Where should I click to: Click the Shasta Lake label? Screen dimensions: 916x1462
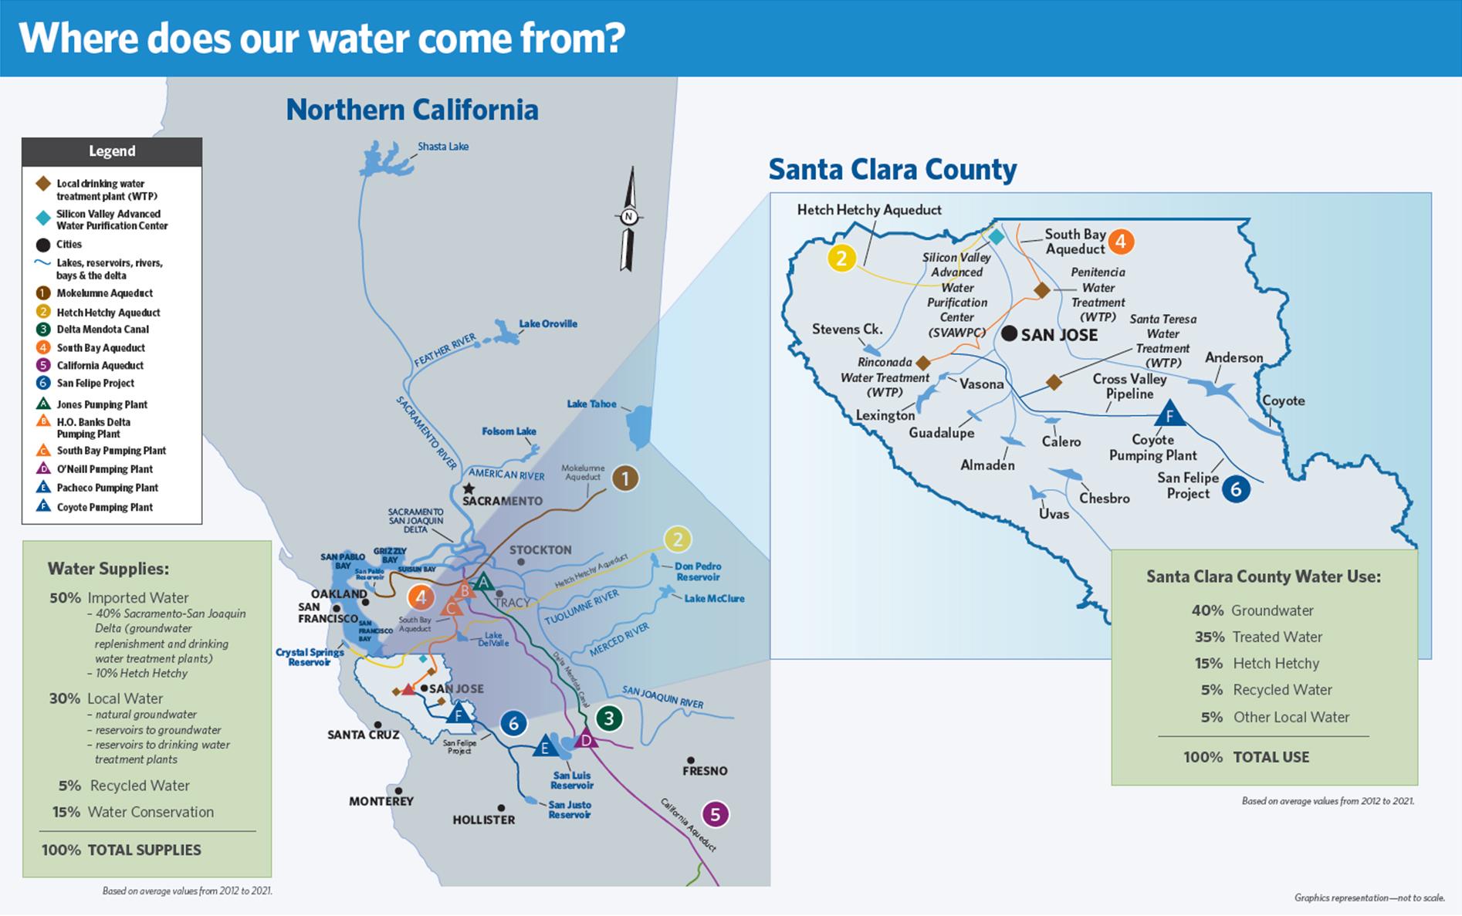[442, 147]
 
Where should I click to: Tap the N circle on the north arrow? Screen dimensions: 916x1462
[628, 217]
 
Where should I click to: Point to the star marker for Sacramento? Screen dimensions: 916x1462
[469, 488]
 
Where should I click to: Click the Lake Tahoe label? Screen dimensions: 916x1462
[591, 404]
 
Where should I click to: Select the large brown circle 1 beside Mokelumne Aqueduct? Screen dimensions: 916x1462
[625, 478]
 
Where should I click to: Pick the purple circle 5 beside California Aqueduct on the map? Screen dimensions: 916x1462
[715, 814]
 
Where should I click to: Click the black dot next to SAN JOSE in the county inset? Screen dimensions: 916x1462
[1009, 334]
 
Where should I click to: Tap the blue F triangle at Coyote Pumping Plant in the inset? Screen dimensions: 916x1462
[1169, 415]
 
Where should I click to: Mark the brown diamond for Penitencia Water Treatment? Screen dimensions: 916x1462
[1041, 290]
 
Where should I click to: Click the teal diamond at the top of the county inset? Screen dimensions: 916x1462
[997, 236]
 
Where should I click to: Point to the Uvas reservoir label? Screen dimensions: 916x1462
[1054, 514]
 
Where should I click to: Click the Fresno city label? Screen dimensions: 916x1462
[705, 771]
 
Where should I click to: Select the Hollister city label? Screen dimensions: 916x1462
[483, 820]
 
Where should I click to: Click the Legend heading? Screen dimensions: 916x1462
[112, 151]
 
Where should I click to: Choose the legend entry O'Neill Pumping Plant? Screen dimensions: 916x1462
[104, 469]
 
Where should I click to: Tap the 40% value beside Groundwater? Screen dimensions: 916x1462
[1207, 610]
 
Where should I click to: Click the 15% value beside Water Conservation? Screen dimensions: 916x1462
[66, 812]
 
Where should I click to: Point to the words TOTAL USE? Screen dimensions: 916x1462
[1271, 757]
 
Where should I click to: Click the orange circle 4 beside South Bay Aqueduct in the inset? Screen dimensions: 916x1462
[1120, 242]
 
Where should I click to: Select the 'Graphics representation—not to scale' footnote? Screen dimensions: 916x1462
[1369, 897]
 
